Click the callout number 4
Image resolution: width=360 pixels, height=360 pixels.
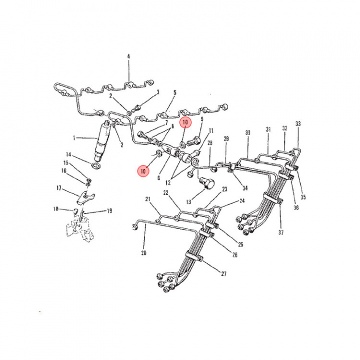tap(128, 56)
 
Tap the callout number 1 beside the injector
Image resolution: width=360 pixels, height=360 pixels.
tap(74, 138)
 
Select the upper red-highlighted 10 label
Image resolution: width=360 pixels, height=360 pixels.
tap(185, 122)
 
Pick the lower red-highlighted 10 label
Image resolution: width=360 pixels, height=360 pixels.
tap(143, 171)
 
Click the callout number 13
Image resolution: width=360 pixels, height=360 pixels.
tap(188, 202)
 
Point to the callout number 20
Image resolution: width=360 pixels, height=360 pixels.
tap(143, 253)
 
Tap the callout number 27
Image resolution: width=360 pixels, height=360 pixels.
tap(223, 273)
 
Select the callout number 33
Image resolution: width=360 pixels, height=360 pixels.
tap(298, 124)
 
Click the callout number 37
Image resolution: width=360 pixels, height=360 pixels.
tap(281, 232)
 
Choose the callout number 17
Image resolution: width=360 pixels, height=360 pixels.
tap(59, 188)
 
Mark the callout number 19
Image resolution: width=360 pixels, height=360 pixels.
tap(109, 211)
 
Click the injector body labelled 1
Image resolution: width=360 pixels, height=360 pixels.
tap(102, 140)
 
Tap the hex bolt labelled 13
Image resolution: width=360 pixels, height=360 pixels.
tap(206, 183)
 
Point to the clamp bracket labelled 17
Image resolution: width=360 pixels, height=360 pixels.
tap(85, 198)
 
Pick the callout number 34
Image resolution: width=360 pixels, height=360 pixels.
tap(245, 188)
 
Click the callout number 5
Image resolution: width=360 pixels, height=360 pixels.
tap(175, 92)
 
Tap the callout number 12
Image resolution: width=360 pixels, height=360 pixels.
tap(168, 182)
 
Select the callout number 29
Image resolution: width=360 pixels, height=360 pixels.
tap(226, 138)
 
